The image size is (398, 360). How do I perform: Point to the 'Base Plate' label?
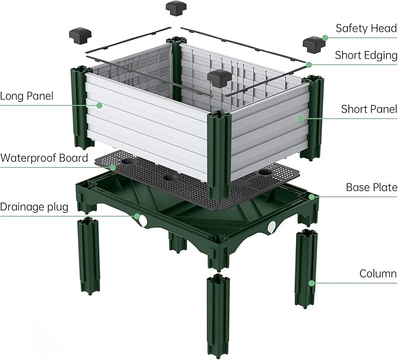click(x=372, y=188)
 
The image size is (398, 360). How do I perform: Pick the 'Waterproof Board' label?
click(x=44, y=158)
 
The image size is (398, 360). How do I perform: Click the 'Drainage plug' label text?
click(x=34, y=207)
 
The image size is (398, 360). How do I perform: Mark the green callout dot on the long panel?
click(x=100, y=106)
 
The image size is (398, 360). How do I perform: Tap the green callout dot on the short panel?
click(x=300, y=118)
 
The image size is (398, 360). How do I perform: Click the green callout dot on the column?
click(x=312, y=283)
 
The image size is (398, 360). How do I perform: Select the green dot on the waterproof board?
click(x=113, y=167)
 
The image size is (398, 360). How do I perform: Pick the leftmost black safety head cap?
click(x=79, y=33)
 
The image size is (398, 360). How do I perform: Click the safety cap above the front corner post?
click(x=218, y=78)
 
